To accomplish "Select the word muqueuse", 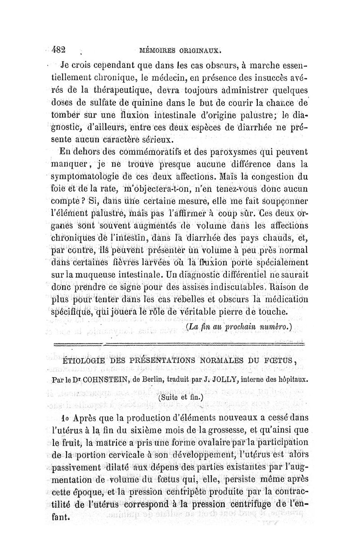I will click(x=97, y=272).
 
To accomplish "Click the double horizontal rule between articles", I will click(x=180, y=344).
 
